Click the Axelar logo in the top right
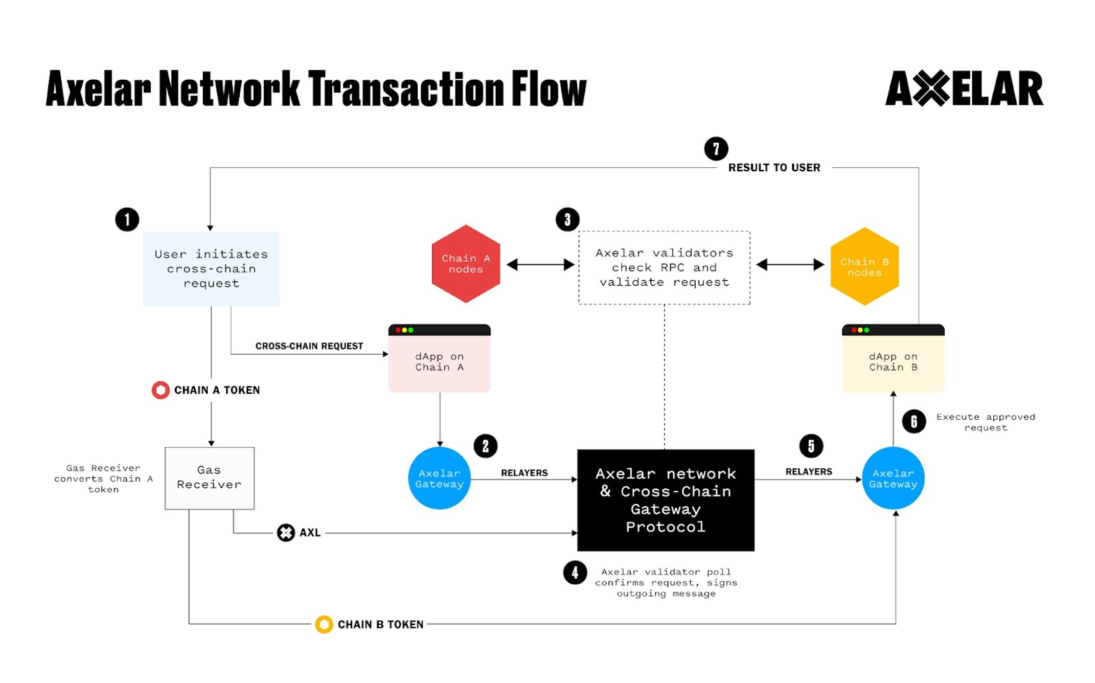pyautogui.click(x=964, y=88)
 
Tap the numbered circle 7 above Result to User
pyautogui.click(x=716, y=149)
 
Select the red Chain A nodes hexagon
pyautogui.click(x=466, y=264)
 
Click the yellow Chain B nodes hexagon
pyautogui.click(x=864, y=266)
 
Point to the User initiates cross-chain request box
pyautogui.click(x=211, y=269)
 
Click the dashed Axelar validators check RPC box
pyautogui.click(x=664, y=267)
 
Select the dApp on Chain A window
pyautogui.click(x=439, y=359)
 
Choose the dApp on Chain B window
pyautogui.click(x=893, y=359)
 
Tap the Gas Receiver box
pyautogui.click(x=209, y=478)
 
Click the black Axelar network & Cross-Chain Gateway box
pyautogui.click(x=666, y=500)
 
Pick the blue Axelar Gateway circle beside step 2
pyautogui.click(x=439, y=479)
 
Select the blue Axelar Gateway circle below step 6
pyautogui.click(x=893, y=479)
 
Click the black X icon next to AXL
pyautogui.click(x=286, y=533)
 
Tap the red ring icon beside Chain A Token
pyautogui.click(x=161, y=390)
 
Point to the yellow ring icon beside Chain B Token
pyautogui.click(x=324, y=624)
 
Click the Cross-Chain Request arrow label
pyautogui.click(x=309, y=346)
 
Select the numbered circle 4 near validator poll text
pyautogui.click(x=575, y=573)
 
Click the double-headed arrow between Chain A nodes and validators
pyautogui.click(x=540, y=265)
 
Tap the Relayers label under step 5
pyautogui.click(x=808, y=471)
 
